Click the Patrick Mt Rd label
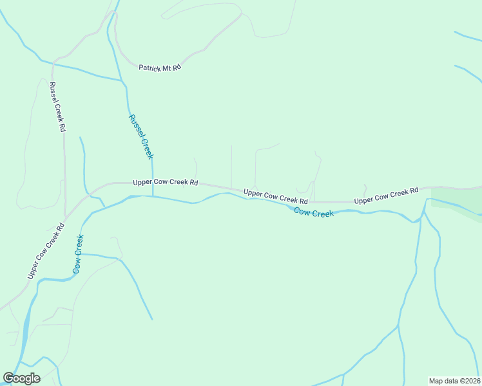coord(160,67)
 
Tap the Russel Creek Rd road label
coord(57,107)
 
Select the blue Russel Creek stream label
coord(140,136)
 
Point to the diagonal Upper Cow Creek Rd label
coord(47,251)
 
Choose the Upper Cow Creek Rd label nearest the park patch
coord(386,196)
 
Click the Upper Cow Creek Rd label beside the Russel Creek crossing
coord(165,182)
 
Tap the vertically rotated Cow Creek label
coord(78,254)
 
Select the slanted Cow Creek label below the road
coord(314,212)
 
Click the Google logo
coord(21,378)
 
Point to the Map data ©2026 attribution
coord(454,380)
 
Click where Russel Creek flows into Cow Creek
coord(153,196)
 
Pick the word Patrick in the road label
coord(149,67)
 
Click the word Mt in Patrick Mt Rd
coord(167,67)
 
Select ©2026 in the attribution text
coord(468,380)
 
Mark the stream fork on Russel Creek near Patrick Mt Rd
coord(122,80)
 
